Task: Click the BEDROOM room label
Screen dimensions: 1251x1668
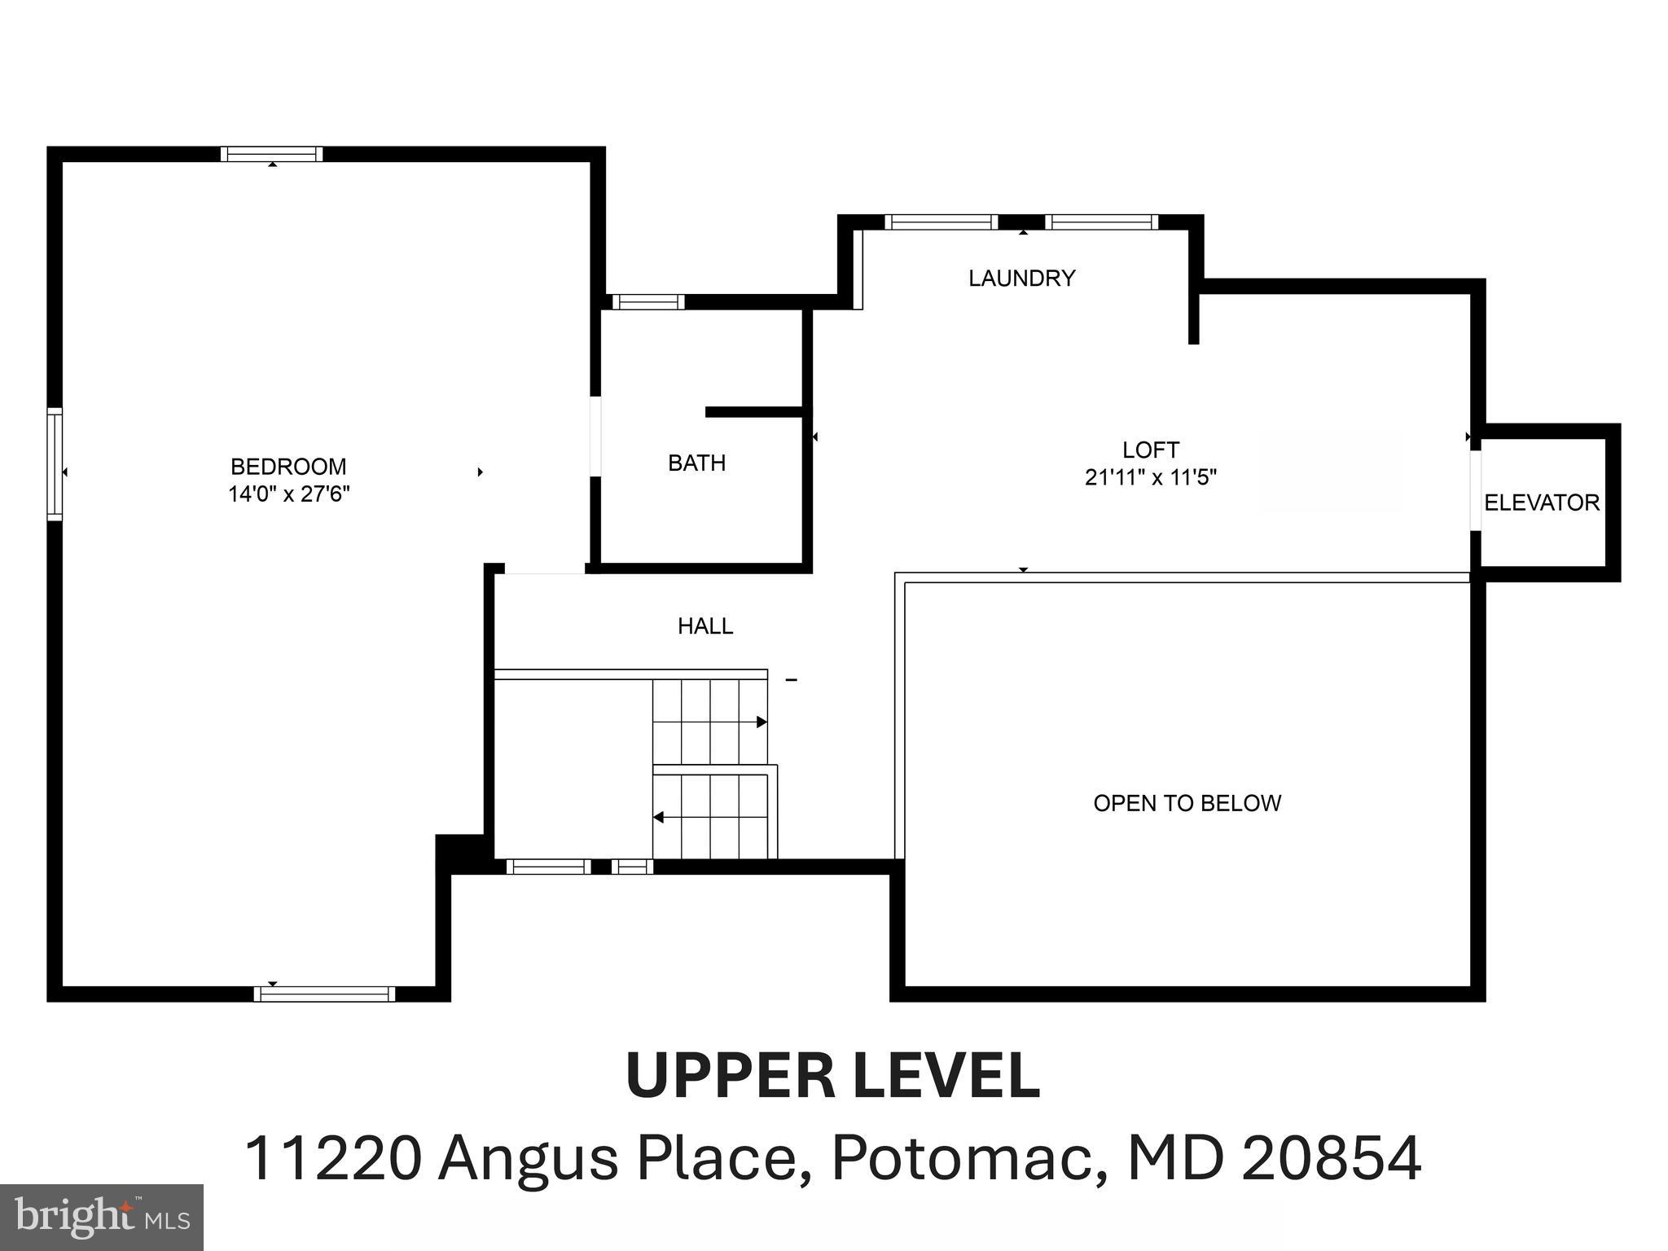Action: tap(288, 467)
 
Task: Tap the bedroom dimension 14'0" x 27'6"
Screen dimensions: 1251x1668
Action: tap(288, 494)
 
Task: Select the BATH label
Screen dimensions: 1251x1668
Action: tap(696, 463)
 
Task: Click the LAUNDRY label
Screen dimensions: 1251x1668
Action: tap(1021, 279)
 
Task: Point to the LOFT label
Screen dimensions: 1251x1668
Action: tap(1150, 450)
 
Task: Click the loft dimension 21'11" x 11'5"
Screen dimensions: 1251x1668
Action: tap(1150, 477)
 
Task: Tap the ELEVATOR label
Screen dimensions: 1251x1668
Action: tap(1541, 503)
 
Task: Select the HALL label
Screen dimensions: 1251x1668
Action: tap(705, 626)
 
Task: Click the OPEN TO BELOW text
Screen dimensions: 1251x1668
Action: tap(1187, 803)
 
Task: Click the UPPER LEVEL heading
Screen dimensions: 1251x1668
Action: tap(832, 1076)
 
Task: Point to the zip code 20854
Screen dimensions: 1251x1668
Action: tap(1331, 1158)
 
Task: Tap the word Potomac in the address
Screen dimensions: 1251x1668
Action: tap(961, 1158)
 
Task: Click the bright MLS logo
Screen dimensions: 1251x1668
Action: tap(101, 1217)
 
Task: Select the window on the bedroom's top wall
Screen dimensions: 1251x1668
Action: tap(271, 154)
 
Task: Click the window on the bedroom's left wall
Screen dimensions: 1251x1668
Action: tap(55, 464)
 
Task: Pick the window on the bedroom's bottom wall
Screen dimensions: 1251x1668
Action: tap(324, 994)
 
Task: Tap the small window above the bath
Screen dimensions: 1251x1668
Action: tap(647, 302)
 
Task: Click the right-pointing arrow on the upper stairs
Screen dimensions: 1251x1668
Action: tap(761, 722)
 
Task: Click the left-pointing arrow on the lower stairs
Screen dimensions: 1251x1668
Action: tap(659, 817)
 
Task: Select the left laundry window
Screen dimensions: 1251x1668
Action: tap(941, 222)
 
